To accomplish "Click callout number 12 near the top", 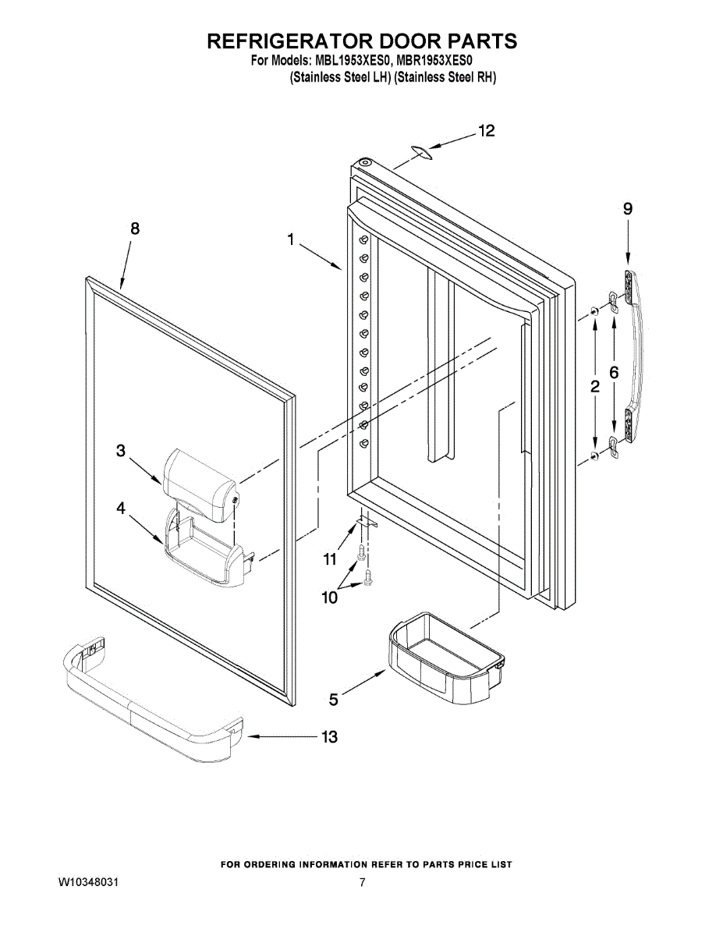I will tap(486, 132).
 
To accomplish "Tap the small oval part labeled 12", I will tap(422, 151).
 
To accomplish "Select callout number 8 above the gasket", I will tap(135, 229).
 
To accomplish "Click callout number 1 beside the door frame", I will tap(290, 241).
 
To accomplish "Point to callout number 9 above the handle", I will tap(627, 208).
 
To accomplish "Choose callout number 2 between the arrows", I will tap(594, 385).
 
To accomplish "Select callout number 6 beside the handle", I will tap(614, 374).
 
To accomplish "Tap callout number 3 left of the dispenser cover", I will tap(121, 450).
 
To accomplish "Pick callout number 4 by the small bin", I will tap(121, 508).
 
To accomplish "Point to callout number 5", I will tap(334, 700).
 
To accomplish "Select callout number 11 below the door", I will tap(330, 558).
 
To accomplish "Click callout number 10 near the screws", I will tap(330, 598).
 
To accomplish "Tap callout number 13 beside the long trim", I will tap(329, 737).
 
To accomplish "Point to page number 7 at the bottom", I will tap(363, 883).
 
